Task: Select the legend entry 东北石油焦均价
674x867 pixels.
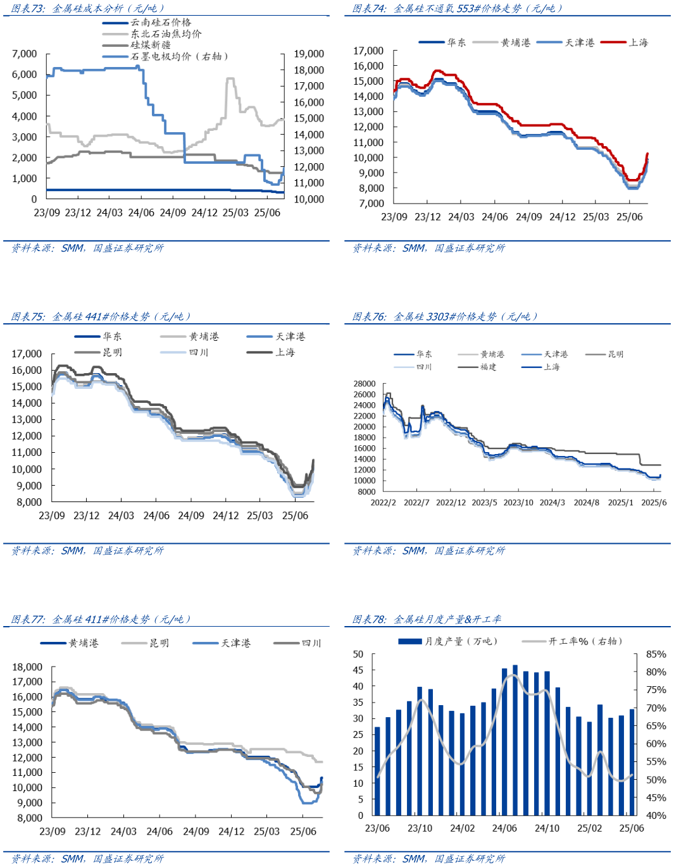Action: (166, 34)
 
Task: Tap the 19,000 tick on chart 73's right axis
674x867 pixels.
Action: (309, 54)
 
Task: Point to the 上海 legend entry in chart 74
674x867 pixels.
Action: (638, 42)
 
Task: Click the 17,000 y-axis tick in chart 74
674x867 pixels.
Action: (368, 51)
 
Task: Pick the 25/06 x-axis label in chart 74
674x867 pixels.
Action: (630, 217)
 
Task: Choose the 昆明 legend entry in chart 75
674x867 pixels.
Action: (112, 352)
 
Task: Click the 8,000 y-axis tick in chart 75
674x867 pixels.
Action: (29, 502)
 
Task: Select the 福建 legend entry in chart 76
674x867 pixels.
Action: (488, 367)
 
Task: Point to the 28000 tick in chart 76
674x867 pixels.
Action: (365, 384)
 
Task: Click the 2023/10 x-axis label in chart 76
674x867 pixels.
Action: (518, 503)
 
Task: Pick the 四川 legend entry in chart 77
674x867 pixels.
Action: (311, 643)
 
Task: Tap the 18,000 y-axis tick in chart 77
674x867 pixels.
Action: (27, 667)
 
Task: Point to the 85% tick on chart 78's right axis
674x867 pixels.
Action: (656, 655)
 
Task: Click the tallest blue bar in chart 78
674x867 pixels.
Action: (515, 740)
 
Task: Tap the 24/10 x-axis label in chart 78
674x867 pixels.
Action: (547, 828)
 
